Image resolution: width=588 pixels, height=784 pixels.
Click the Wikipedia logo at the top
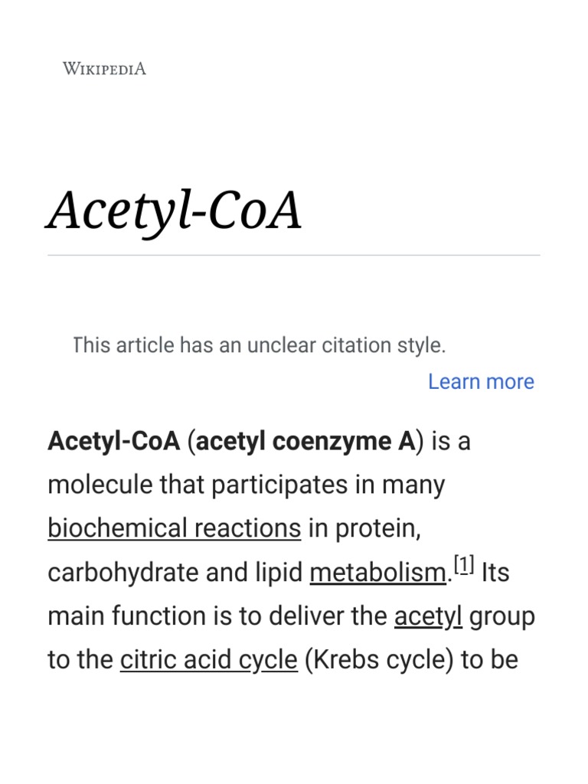(x=104, y=69)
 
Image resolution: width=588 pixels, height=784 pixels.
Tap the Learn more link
(x=481, y=381)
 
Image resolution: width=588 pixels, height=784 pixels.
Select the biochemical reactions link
(x=174, y=528)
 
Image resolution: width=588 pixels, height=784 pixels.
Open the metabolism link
(x=377, y=573)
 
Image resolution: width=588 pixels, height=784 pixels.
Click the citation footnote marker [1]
(x=464, y=567)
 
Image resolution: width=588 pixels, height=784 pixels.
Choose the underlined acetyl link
(x=428, y=616)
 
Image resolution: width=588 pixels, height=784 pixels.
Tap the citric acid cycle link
(x=208, y=660)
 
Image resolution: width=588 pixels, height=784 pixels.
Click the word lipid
(x=282, y=573)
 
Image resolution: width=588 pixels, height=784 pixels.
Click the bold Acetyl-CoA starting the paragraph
(x=113, y=441)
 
